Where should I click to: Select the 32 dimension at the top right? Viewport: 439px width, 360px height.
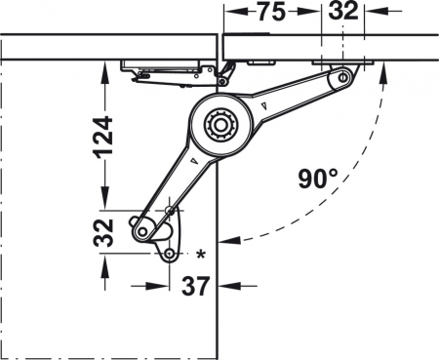tap(343, 14)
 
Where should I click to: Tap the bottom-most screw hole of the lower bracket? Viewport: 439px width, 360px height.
tap(170, 254)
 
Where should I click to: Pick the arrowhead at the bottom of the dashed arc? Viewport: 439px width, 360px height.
tap(229, 237)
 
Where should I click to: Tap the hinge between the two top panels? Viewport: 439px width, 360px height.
tap(225, 69)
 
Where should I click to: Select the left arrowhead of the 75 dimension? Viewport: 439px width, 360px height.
tap(230, 15)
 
